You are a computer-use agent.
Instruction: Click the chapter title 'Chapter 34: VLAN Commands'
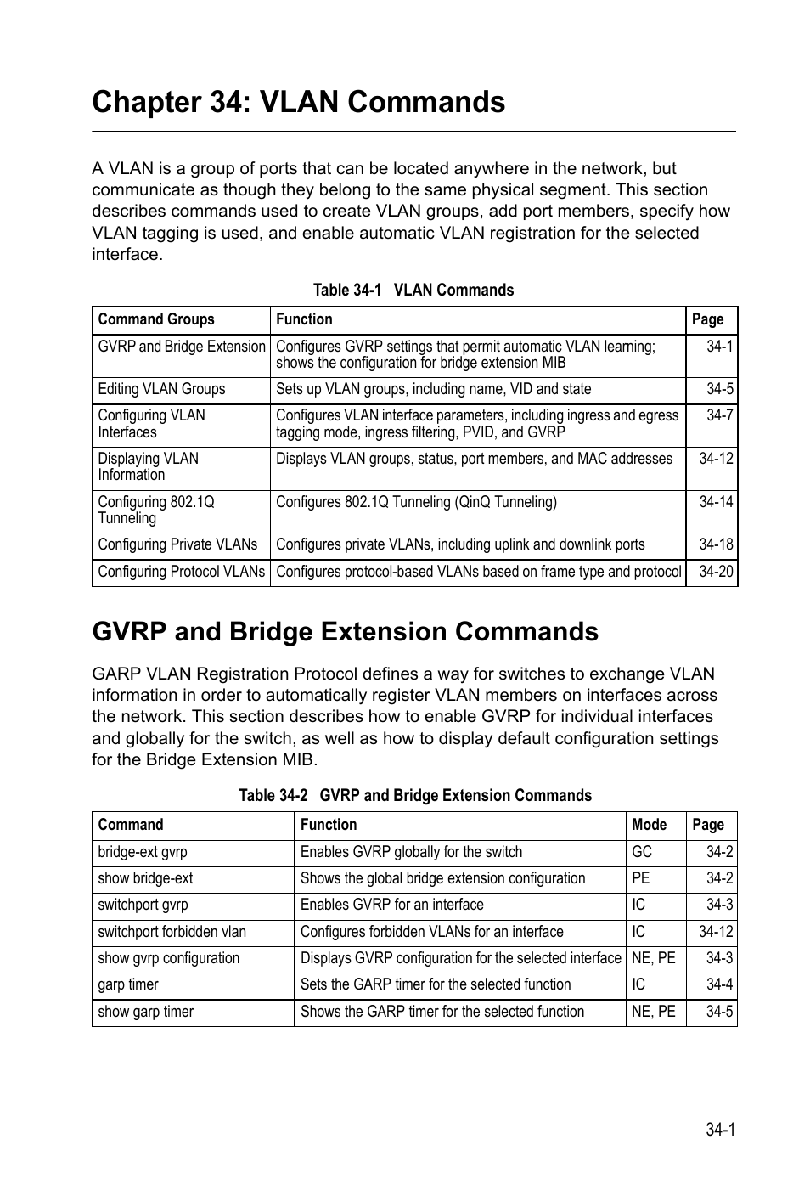coord(298,102)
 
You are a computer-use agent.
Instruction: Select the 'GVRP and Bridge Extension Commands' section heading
coord(345,631)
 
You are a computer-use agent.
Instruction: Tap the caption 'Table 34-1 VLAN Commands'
coord(413,291)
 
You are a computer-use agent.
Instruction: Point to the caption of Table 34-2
coord(414,796)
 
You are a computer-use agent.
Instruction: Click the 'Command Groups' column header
coord(156,319)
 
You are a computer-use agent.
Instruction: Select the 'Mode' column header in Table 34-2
coord(649,825)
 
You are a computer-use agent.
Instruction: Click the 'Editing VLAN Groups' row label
coord(161,389)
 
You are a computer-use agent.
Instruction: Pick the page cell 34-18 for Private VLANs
coord(716,544)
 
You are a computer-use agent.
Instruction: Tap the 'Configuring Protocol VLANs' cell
coord(181,572)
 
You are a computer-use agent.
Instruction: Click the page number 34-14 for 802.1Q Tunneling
coord(716,502)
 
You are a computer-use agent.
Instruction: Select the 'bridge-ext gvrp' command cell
coord(142,852)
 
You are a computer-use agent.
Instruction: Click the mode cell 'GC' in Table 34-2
coord(641,852)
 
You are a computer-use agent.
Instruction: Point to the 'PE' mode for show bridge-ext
coord(640,878)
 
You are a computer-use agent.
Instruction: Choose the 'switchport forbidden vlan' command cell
coord(172,932)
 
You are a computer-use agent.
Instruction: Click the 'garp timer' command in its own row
coord(128,984)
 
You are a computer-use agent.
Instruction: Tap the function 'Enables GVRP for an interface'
coord(391,905)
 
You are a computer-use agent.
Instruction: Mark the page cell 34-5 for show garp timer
coord(719,1012)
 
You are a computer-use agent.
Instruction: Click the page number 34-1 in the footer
coord(719,1129)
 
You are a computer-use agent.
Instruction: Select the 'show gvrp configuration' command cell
coord(168,958)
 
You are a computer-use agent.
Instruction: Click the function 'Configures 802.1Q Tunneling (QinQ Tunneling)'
coord(416,502)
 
